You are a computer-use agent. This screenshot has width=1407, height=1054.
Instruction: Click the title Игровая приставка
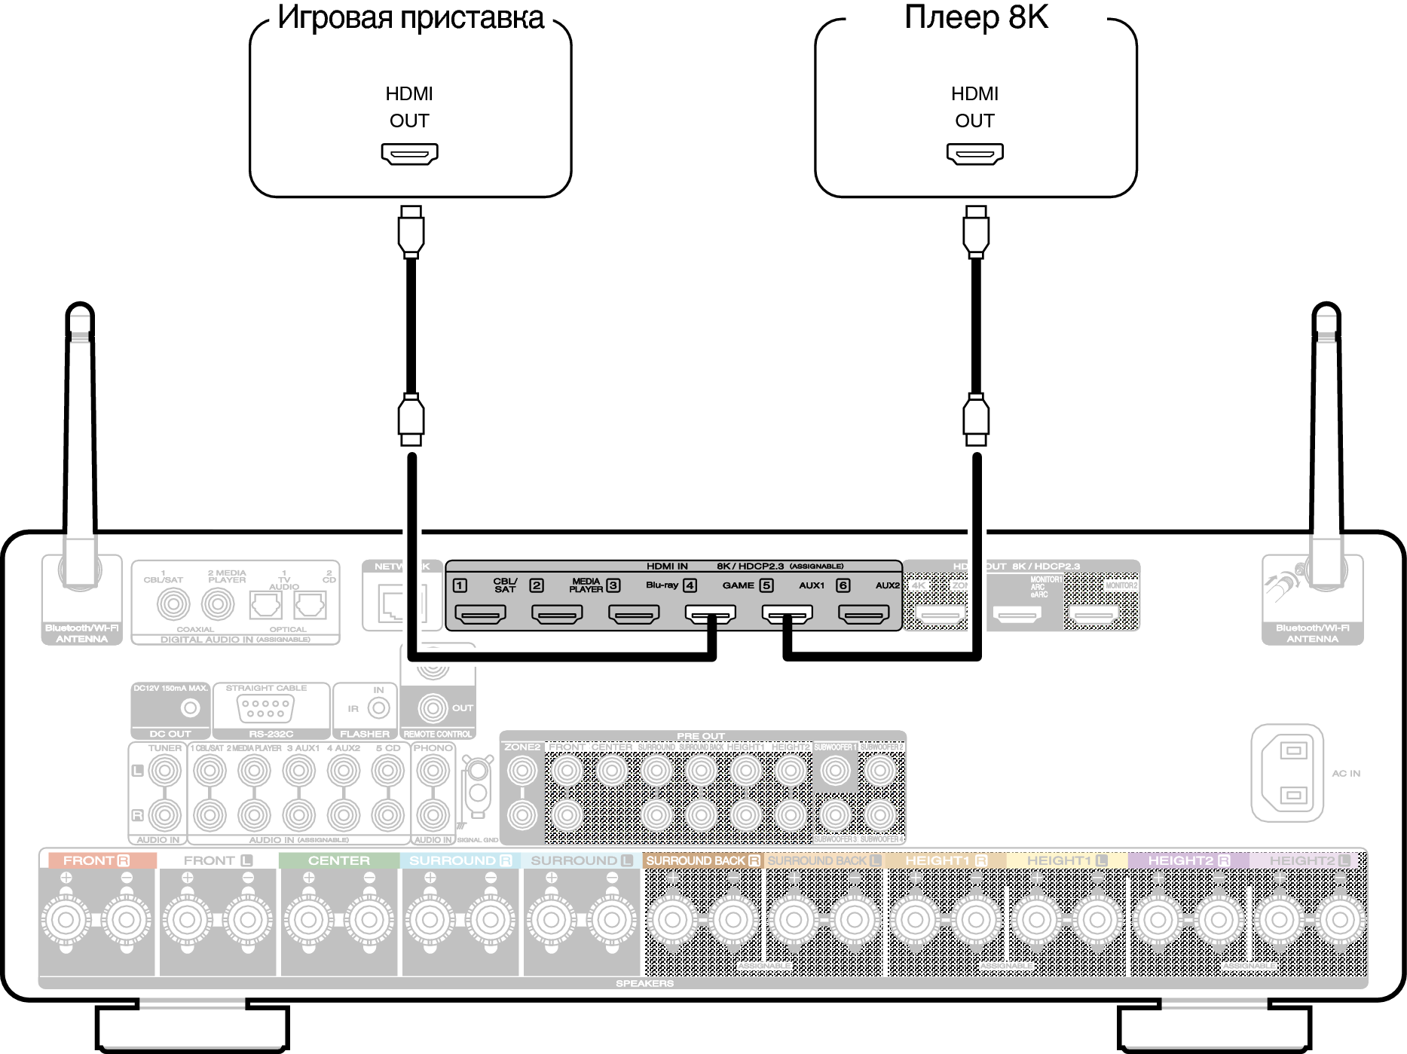[x=410, y=17]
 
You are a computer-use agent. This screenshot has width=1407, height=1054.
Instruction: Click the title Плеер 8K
[x=976, y=17]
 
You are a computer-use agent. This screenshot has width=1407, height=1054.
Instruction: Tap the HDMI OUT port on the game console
[x=409, y=154]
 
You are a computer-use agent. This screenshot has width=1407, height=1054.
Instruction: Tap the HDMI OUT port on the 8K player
[x=974, y=154]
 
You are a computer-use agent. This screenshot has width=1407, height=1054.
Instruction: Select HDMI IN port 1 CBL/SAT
[x=481, y=615]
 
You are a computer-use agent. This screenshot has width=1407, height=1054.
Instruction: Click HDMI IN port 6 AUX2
[x=864, y=615]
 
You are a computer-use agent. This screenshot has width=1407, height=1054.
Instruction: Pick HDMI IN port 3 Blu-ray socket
[x=634, y=615]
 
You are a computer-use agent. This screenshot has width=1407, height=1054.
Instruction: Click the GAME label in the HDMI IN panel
[x=738, y=585]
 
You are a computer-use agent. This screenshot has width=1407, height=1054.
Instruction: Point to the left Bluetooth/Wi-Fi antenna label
[x=81, y=634]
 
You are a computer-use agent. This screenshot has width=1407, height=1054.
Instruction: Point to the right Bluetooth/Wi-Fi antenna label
[x=1312, y=634]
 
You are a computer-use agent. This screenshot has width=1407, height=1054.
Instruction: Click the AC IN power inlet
[x=1287, y=773]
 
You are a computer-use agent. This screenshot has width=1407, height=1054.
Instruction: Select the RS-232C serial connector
[x=265, y=708]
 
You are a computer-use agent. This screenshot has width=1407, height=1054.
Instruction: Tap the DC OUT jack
[x=190, y=708]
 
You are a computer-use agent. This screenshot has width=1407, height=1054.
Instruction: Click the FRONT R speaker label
[x=96, y=860]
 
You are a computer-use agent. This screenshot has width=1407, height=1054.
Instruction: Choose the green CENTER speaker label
[x=338, y=860]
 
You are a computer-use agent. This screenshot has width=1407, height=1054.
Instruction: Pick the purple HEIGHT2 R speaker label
[x=1188, y=860]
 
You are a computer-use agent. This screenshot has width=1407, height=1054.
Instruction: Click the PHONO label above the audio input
[x=433, y=748]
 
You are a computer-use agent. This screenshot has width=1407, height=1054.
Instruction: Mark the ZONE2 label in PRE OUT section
[x=522, y=747]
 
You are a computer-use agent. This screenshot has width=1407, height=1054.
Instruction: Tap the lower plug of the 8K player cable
[x=976, y=419]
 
